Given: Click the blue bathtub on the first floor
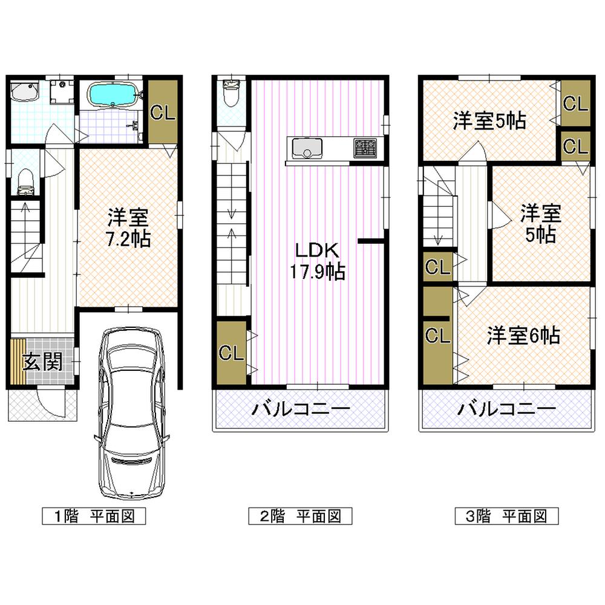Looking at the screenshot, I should click(114, 95).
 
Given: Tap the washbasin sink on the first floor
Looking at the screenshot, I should click(24, 93).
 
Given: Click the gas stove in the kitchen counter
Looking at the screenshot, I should click(365, 147).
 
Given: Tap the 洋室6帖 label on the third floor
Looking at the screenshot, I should click(523, 336).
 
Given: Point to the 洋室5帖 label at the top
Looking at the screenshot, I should click(489, 121).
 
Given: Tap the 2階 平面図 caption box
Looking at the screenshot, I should click(301, 516).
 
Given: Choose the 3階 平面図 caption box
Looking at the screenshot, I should click(506, 516).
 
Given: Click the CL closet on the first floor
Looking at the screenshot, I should click(162, 113).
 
